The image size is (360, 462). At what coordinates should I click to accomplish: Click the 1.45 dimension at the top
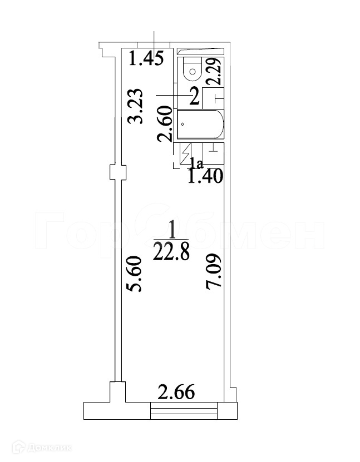pyautogui.click(x=146, y=58)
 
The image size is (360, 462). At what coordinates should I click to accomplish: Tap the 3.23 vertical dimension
pyautogui.click(x=136, y=106)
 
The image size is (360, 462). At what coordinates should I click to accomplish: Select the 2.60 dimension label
pyautogui.click(x=165, y=124)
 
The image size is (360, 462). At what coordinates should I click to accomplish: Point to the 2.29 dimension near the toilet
pyautogui.click(x=214, y=71)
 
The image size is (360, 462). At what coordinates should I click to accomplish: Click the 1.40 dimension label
pyautogui.click(x=205, y=177)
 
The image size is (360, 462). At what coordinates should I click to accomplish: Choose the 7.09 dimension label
pyautogui.click(x=213, y=272)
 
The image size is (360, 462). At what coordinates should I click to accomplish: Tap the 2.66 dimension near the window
pyautogui.click(x=176, y=393)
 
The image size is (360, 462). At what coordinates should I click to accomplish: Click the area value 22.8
pyautogui.click(x=171, y=253)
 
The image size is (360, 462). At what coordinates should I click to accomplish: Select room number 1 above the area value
pyautogui.click(x=172, y=230)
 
